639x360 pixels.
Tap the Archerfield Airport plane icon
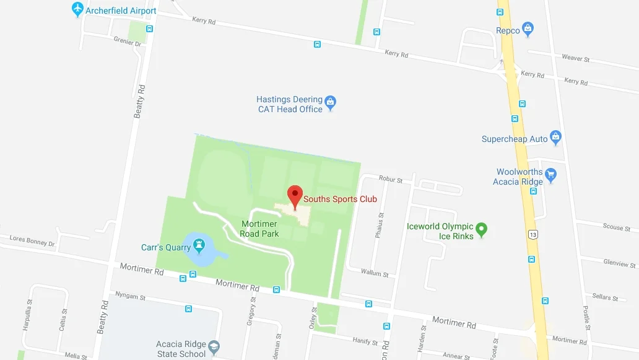point(77,9)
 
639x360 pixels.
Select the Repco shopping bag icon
point(528,29)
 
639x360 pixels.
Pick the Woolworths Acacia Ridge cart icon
point(550,177)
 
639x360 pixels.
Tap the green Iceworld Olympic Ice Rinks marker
point(482,230)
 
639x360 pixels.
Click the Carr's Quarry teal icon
point(199,247)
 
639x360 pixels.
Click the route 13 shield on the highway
point(532,234)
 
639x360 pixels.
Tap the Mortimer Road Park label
point(259,229)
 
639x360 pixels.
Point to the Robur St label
point(391,180)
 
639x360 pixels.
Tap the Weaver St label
point(576,58)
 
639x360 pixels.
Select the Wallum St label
point(375,273)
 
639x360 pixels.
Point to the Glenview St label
point(619,263)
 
